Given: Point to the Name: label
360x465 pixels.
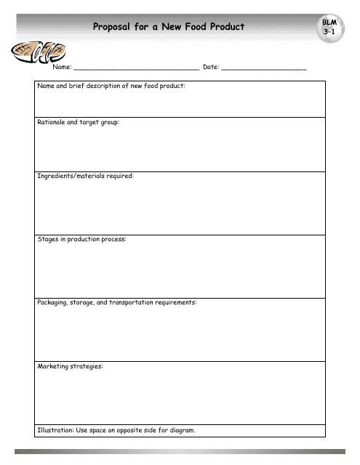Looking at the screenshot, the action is click(x=61, y=67).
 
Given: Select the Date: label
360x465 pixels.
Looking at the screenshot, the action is click(x=211, y=67).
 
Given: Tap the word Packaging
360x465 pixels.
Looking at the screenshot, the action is click(x=54, y=302).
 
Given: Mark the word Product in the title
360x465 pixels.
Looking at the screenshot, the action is click(x=227, y=28).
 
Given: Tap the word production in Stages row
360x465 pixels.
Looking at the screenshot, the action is click(x=87, y=239).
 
